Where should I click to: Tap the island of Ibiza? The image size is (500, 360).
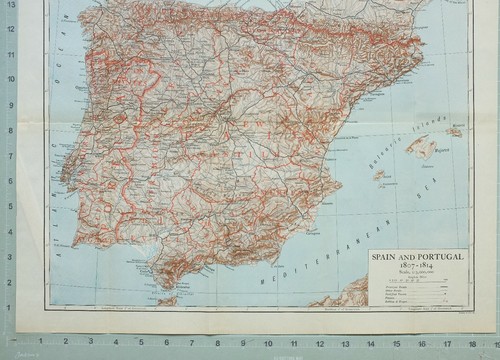coord(380,174)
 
